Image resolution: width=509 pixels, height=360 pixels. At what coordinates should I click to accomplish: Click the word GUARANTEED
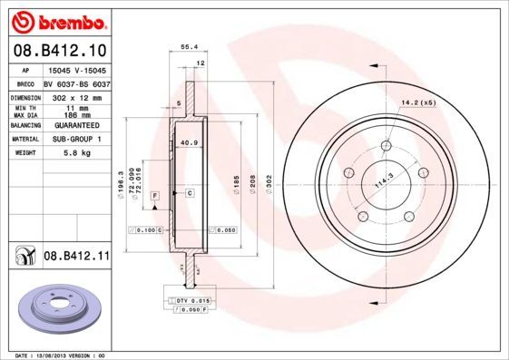tap(73, 125)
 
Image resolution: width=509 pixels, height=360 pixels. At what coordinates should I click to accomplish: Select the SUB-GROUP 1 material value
tap(74, 139)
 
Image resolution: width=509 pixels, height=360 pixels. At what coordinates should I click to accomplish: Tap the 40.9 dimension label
tap(190, 143)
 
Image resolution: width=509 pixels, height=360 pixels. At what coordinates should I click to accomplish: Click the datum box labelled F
tap(155, 195)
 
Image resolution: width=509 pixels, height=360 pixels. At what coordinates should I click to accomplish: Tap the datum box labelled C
tap(190, 193)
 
